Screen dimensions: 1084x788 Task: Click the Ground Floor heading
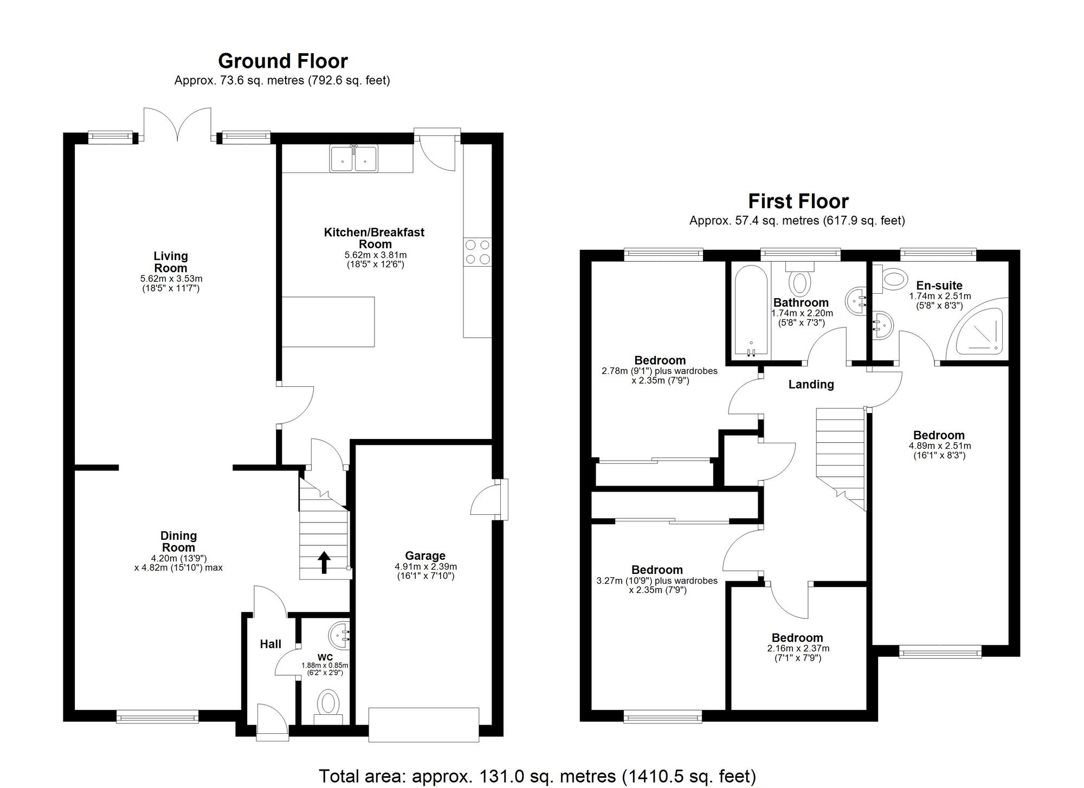pyautogui.click(x=282, y=61)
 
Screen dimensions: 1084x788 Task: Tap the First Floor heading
pyautogui.click(x=798, y=201)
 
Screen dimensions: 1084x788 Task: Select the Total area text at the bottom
pyautogui.click(x=537, y=776)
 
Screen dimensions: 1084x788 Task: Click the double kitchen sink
pyautogui.click(x=354, y=159)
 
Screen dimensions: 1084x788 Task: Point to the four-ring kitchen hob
pyautogui.click(x=478, y=252)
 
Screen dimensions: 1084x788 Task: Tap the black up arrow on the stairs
pyautogui.click(x=324, y=562)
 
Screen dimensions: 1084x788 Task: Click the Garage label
pyautogui.click(x=425, y=556)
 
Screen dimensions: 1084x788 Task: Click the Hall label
pyautogui.click(x=270, y=644)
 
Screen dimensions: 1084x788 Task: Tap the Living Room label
pyautogui.click(x=171, y=262)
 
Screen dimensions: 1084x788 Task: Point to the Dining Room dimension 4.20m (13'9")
pyautogui.click(x=179, y=558)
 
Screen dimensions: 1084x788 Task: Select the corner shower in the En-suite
pyautogui.click(x=978, y=330)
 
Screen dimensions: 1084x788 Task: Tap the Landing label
pyautogui.click(x=811, y=384)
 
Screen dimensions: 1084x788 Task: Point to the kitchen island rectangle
pyautogui.click(x=328, y=321)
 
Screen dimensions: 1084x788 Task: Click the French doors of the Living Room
pyautogui.click(x=177, y=125)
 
